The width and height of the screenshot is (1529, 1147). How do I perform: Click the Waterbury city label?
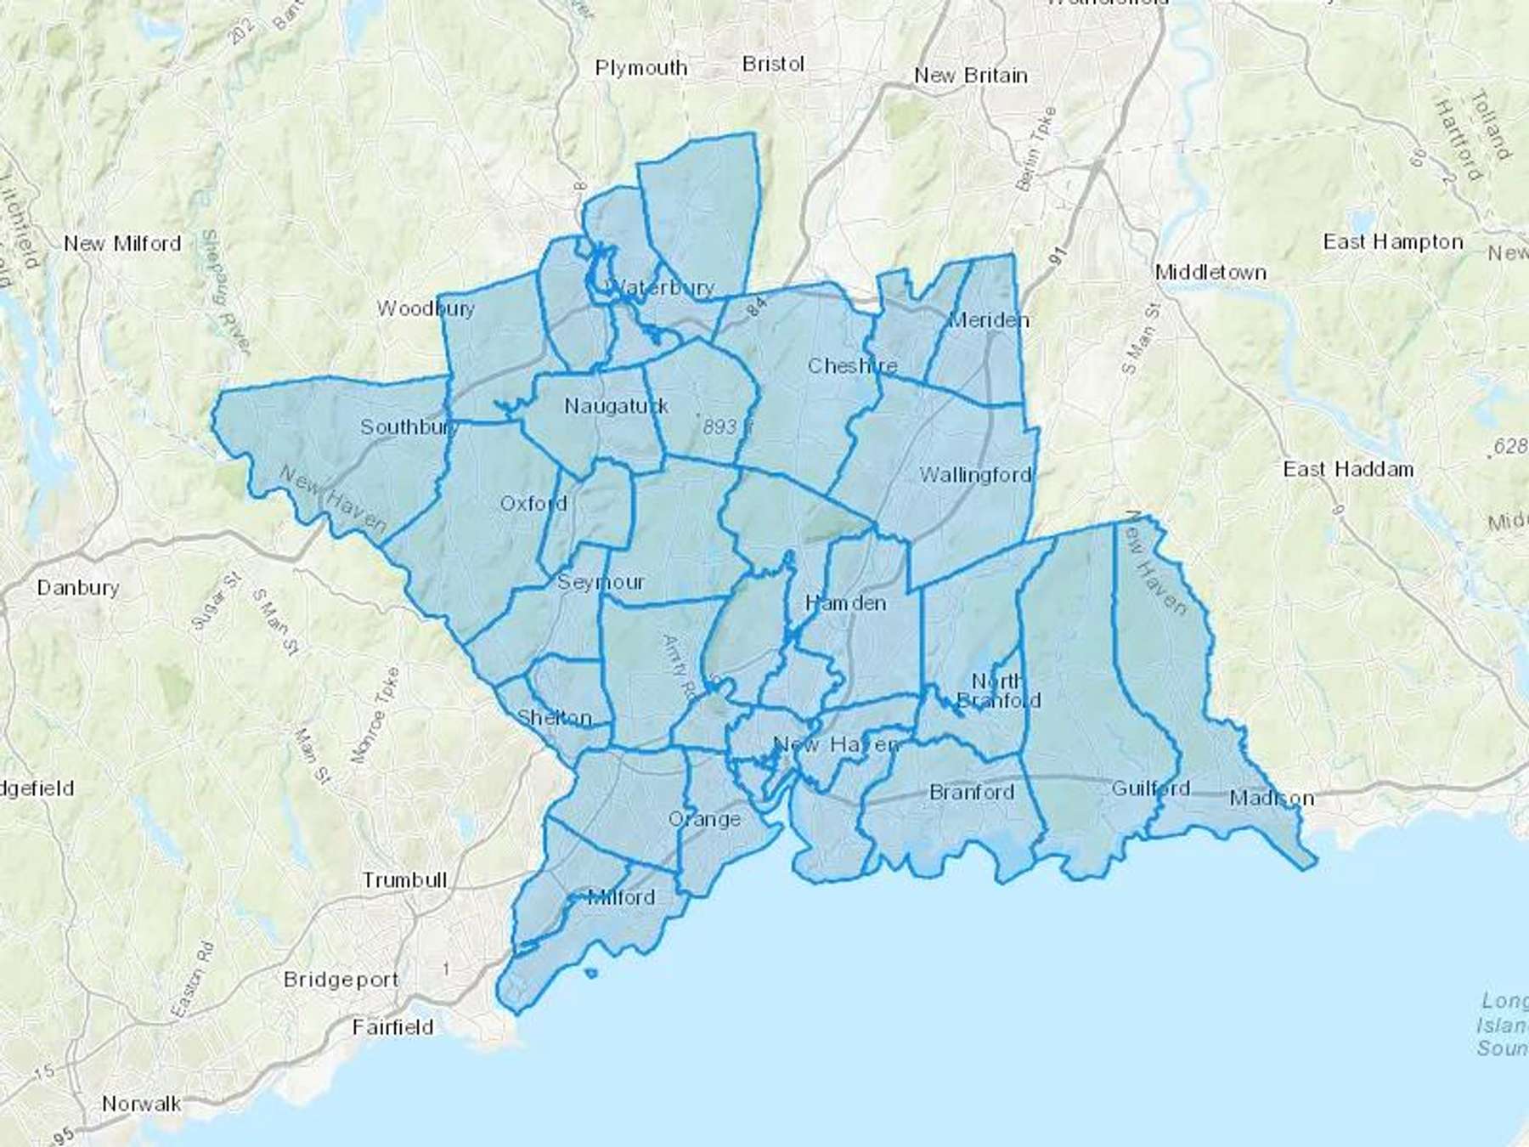click(663, 287)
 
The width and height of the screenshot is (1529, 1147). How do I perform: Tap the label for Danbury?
click(78, 587)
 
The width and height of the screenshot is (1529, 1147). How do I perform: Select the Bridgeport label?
click(341, 980)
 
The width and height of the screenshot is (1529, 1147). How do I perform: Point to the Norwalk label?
click(141, 1104)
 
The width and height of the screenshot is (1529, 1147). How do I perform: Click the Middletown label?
click(1210, 273)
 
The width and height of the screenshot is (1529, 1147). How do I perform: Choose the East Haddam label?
click(1348, 469)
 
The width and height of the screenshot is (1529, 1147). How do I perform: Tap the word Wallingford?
click(975, 475)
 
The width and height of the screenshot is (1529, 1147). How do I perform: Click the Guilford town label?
click(1150, 788)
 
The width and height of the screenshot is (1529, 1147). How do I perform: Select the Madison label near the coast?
click(1272, 798)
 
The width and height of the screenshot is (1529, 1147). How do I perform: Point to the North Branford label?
click(998, 691)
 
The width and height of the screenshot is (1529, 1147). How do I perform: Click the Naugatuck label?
click(617, 406)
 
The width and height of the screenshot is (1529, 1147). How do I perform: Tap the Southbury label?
click(409, 427)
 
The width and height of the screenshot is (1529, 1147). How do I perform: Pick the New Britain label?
click(970, 76)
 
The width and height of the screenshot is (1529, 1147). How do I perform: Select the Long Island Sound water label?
click(1503, 1024)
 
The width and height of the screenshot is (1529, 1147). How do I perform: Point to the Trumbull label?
click(404, 879)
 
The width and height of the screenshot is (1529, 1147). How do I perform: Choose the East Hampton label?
click(1393, 242)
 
